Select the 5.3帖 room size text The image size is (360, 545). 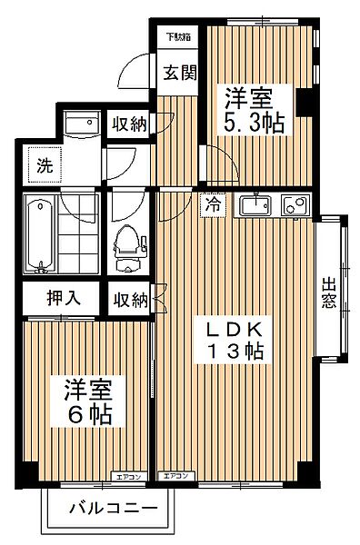(x=255, y=123)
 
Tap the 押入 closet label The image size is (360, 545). (x=61, y=297)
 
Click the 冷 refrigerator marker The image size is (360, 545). (x=211, y=204)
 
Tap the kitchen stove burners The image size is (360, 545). (x=293, y=205)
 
